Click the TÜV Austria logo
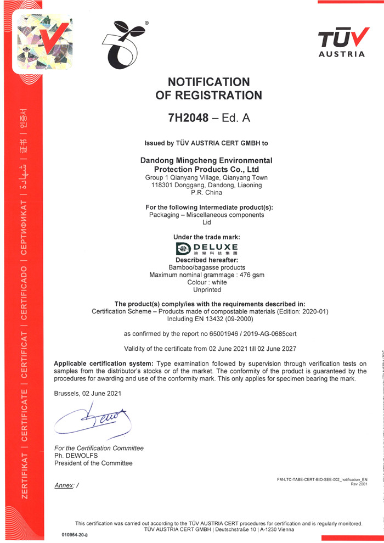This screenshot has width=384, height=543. click(x=341, y=42)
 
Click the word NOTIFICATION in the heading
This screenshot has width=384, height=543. click(x=208, y=82)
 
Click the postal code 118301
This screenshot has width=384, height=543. click(x=163, y=185)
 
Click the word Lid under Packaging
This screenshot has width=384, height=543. click(x=207, y=222)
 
